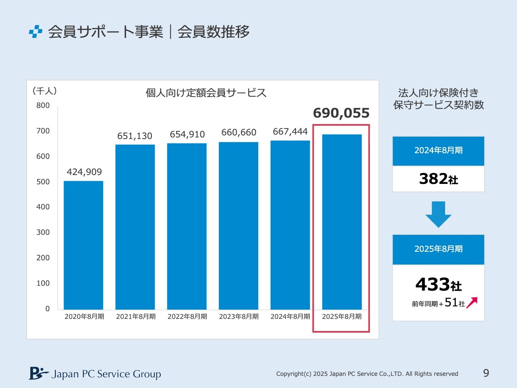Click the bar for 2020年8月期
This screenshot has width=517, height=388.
coord(84,245)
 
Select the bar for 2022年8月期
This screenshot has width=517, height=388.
coord(187,226)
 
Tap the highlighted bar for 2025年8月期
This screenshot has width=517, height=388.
coord(342,222)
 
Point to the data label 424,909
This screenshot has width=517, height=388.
coord(84,172)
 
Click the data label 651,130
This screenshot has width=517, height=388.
coord(135,136)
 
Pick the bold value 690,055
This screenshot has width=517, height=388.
coord(341,113)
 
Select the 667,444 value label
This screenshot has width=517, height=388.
coord(290,131)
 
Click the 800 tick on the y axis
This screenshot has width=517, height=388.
coord(43,105)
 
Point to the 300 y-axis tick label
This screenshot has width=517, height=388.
coord(43,232)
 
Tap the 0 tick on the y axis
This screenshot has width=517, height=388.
coord(47,309)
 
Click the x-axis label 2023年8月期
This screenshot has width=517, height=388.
coord(239,316)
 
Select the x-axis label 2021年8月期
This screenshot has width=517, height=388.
coord(136,316)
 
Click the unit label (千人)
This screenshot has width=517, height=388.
coord(44,91)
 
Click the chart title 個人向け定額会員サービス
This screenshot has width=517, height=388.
coord(206,93)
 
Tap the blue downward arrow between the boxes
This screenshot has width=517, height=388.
coord(438,214)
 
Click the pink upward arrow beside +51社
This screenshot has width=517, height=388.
coord(472,302)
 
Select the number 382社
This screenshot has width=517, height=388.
coord(439,179)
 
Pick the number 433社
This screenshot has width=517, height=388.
coord(439,285)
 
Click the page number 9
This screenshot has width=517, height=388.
coord(486,373)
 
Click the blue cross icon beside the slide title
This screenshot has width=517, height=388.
coord(36,32)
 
